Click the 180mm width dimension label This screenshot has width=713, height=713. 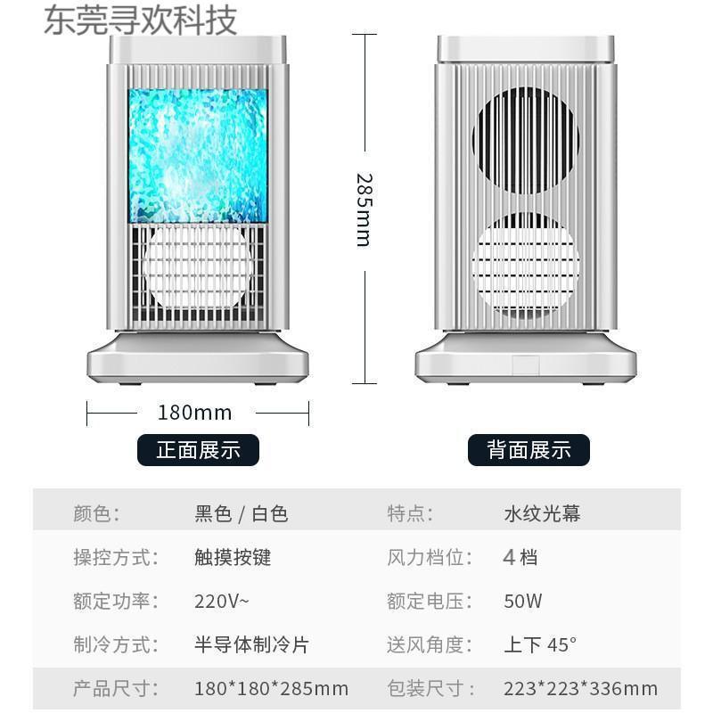coord(194,413)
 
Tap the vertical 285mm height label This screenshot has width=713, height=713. coord(363,209)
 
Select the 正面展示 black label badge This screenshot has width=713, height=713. coord(198,450)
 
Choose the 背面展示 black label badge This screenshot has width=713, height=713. coord(529,450)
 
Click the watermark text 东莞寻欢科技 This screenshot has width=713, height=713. coord(141,20)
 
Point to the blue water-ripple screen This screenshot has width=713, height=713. coord(198,155)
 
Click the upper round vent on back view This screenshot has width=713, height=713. coord(525,141)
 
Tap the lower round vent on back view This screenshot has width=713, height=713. coord(525,266)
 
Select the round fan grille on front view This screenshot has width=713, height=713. coord(198,266)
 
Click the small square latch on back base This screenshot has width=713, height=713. coord(525,365)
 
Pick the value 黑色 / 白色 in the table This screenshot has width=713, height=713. coord(241,514)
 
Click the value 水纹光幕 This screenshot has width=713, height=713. coord(542,514)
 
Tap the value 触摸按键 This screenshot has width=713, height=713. coord(233,558)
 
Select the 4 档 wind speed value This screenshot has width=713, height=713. coord(520,558)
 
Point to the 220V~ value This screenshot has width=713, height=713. coord(222,601)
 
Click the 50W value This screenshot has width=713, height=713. coord(522,601)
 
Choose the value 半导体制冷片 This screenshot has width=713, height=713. coord(251,644)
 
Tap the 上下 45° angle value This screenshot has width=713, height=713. coord(540,644)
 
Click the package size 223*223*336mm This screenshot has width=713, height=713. coord(580,688)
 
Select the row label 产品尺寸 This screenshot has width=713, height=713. coord(115,688)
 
